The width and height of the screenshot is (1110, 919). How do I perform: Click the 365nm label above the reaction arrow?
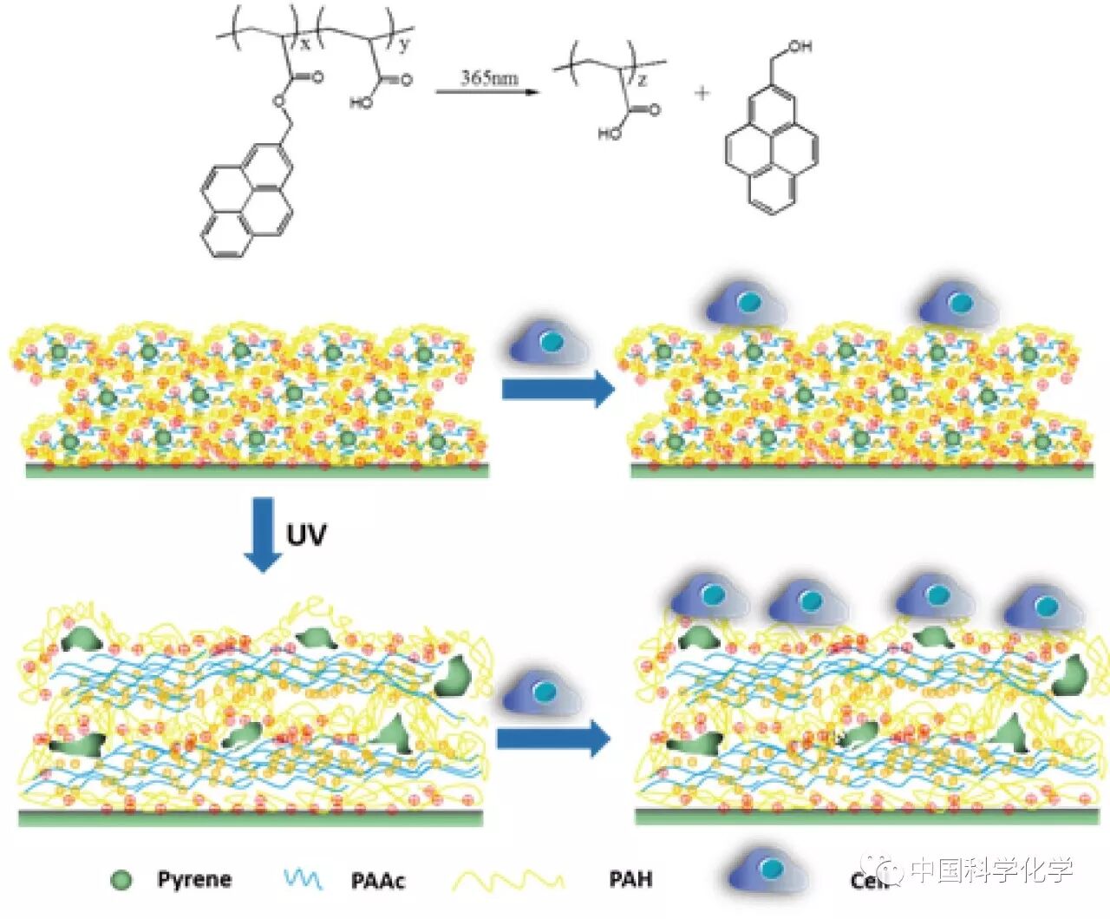489,77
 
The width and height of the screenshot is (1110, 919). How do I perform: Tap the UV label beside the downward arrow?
306,535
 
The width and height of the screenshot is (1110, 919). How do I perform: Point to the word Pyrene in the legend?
194,880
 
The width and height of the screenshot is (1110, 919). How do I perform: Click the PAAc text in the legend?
378,881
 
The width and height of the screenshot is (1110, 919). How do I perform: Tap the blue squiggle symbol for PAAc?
303,880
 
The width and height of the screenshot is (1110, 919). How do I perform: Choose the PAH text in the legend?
630,879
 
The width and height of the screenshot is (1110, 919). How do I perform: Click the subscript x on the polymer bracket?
304,43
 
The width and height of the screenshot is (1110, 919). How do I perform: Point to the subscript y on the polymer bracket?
404,45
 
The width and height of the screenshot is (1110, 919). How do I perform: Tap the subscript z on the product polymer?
643,80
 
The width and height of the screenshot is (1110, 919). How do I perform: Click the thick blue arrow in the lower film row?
553,739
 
